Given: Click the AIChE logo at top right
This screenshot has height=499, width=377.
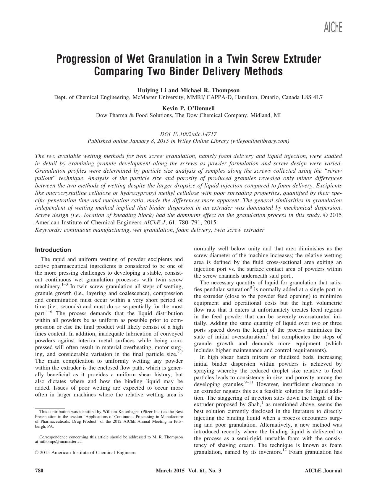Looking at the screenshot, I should coord(333,27).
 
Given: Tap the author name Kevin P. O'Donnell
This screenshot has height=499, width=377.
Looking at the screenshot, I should coord(188,108).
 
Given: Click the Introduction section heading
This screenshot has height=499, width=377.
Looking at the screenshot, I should coord(53,250).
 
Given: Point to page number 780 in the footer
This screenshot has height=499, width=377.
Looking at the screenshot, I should coord(39,471).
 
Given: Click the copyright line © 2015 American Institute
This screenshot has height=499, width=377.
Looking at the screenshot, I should coord(86,452).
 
